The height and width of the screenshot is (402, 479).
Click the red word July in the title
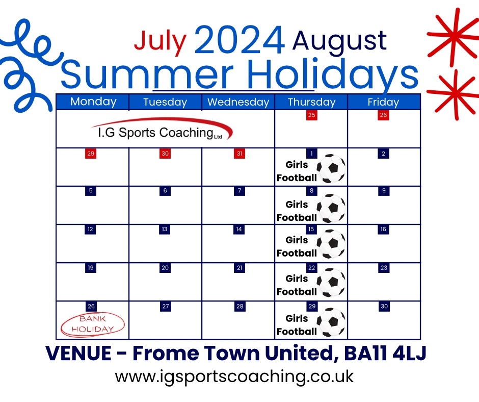coord(161,41)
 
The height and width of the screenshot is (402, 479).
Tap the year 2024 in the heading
coord(239,40)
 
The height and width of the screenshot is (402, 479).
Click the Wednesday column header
coord(238,102)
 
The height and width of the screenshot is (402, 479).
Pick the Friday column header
coord(383,102)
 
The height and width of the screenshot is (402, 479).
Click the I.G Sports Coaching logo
coord(162,130)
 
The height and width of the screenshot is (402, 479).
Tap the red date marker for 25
coord(311,115)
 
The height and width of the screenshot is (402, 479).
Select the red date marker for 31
coord(240,153)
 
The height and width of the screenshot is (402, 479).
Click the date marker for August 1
coord(311,153)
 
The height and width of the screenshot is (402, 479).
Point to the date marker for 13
coord(165,229)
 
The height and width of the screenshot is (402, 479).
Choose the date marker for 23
coord(384,268)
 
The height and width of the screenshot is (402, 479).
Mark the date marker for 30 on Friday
coord(384,306)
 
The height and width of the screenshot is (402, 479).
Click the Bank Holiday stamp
coord(93,324)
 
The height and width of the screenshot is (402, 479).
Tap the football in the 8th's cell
coord(331,208)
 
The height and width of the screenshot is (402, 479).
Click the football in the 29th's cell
coord(331,322)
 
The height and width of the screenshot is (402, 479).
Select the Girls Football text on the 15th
coord(297,246)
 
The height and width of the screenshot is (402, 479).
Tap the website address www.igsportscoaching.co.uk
coord(234,376)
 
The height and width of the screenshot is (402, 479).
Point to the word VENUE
coord(78,354)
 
